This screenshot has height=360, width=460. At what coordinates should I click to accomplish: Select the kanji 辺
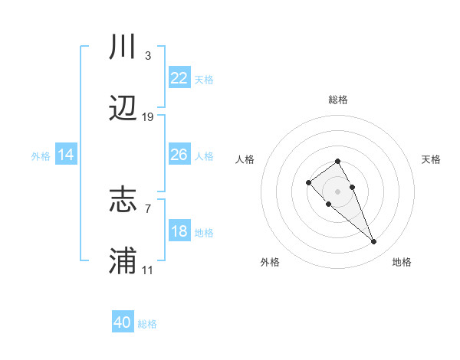pos(123,110)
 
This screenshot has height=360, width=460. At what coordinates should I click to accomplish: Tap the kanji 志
pos(123,201)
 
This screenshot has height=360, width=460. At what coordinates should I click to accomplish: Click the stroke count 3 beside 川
pos(147,55)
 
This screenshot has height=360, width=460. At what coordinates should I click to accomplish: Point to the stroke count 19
pos(148,117)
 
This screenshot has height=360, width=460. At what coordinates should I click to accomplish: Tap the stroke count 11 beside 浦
pos(148,270)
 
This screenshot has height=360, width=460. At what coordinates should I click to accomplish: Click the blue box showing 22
pos(179,77)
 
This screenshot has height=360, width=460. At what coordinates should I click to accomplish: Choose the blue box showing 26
pos(179,155)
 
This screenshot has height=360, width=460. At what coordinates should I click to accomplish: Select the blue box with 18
pos(179,231)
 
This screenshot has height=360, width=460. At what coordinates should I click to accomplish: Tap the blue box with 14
pos(66,155)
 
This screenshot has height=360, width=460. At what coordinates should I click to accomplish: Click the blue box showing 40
pos(123,322)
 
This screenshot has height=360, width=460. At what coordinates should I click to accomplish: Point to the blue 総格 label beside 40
pos(147,324)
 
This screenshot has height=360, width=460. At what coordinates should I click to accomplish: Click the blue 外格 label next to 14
pos(41,156)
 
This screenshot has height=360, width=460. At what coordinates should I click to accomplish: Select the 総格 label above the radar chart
pos(337,100)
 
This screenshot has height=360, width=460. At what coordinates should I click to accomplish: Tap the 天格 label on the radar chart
pos(431,159)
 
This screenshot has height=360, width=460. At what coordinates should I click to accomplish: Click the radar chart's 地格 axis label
pos(402,262)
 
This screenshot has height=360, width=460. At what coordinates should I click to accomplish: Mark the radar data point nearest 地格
pos(373,242)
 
